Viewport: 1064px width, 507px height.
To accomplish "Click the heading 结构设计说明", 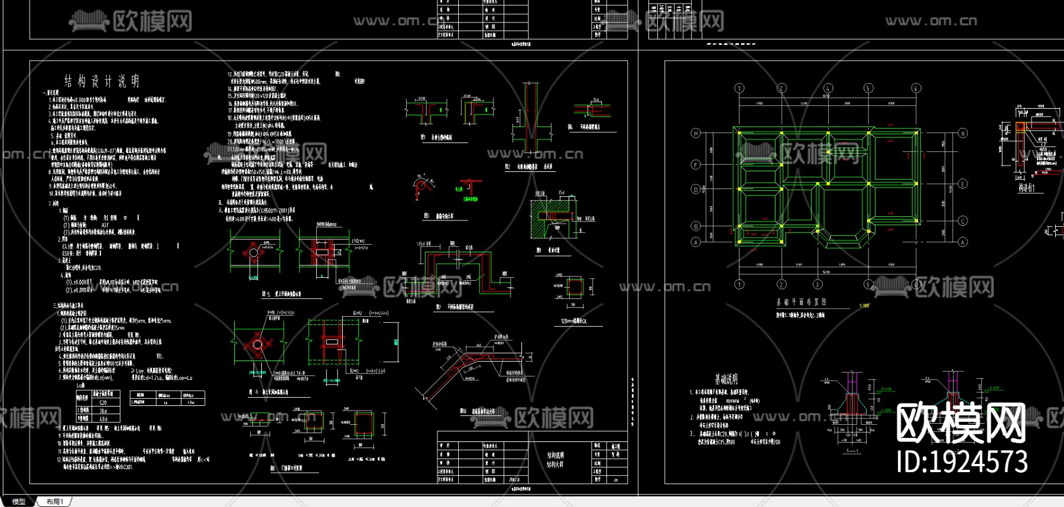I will point(102,81).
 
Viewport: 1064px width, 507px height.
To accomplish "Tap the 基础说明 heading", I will point(726,379).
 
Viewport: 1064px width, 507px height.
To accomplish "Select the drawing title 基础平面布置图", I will point(801,302).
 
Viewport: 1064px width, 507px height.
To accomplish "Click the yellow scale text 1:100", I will point(864,305).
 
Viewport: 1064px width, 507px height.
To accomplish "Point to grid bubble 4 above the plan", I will point(828,89).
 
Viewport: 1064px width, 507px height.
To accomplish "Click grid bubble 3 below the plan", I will point(818,284).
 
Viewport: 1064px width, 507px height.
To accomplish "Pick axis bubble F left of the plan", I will point(696,165).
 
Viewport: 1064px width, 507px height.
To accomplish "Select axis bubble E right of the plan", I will point(962,184).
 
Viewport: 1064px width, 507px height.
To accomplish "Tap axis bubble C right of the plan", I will point(962,222).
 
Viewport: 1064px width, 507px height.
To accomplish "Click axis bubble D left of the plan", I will point(696,190).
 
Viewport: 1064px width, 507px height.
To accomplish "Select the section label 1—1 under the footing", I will point(852,451).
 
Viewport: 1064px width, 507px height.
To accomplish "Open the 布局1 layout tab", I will point(54,502).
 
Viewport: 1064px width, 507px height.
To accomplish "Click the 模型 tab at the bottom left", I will point(19,502).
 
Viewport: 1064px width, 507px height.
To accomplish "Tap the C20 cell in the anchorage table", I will point(103,402).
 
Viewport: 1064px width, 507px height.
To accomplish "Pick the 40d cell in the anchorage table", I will point(103,418).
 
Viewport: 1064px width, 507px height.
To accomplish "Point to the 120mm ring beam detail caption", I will point(573,321).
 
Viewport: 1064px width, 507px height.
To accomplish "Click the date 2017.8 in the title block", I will point(513,480).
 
